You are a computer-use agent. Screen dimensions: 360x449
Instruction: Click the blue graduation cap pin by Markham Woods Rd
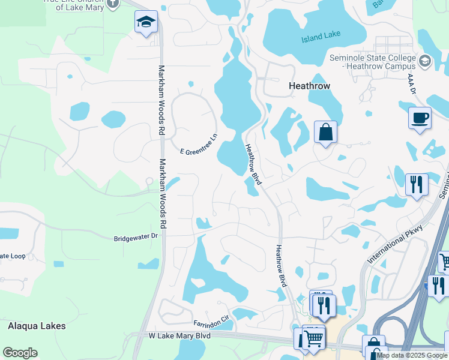point(146,23)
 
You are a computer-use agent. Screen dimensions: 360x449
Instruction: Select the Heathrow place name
point(309,86)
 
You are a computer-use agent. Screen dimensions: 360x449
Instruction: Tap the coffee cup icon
point(420,117)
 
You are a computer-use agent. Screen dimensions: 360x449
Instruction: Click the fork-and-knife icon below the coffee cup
point(417,183)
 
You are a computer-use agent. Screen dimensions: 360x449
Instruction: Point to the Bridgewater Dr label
point(135,238)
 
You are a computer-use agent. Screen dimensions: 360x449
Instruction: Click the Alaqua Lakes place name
point(37,326)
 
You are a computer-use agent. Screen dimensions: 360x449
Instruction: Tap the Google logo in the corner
point(20,353)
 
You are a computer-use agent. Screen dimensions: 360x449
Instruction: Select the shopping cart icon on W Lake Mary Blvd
point(313,339)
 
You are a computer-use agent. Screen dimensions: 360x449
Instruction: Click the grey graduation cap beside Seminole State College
point(425,61)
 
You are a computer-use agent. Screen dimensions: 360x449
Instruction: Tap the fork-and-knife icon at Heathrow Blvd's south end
point(324,305)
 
